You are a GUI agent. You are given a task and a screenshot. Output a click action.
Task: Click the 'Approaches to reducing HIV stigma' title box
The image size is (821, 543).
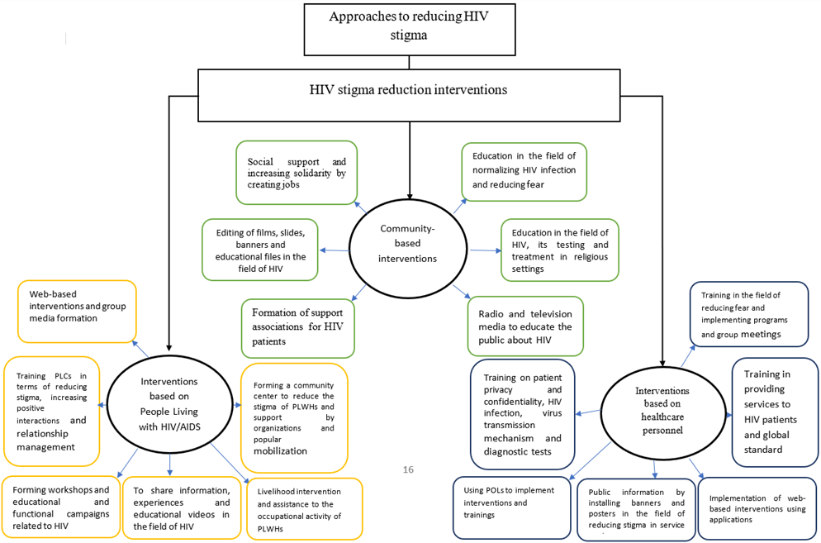tap(408, 26)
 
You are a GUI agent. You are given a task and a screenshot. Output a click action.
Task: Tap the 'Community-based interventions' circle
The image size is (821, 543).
tap(408, 245)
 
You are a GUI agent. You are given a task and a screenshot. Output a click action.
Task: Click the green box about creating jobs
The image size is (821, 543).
tap(297, 171)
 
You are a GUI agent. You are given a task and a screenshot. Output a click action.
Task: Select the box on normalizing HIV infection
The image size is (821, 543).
tap(524, 171)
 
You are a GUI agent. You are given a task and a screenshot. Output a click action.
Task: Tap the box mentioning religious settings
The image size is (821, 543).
tap(559, 250)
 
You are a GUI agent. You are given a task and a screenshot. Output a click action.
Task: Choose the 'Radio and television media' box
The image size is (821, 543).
tap(524, 326)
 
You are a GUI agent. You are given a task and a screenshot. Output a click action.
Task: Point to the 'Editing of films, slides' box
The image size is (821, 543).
tap(259, 250)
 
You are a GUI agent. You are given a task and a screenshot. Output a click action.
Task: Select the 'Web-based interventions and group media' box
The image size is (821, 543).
tap(77, 312)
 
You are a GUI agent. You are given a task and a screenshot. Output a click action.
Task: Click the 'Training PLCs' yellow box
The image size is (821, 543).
tap(51, 411)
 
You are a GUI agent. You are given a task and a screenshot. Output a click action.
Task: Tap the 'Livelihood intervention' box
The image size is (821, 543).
tap(305, 507)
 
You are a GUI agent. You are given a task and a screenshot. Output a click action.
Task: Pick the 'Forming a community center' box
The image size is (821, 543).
tap(294, 417)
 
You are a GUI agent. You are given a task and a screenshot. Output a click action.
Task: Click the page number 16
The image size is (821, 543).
tap(407, 469)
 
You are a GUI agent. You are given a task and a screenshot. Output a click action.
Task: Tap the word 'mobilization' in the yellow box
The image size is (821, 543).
tap(280, 451)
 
